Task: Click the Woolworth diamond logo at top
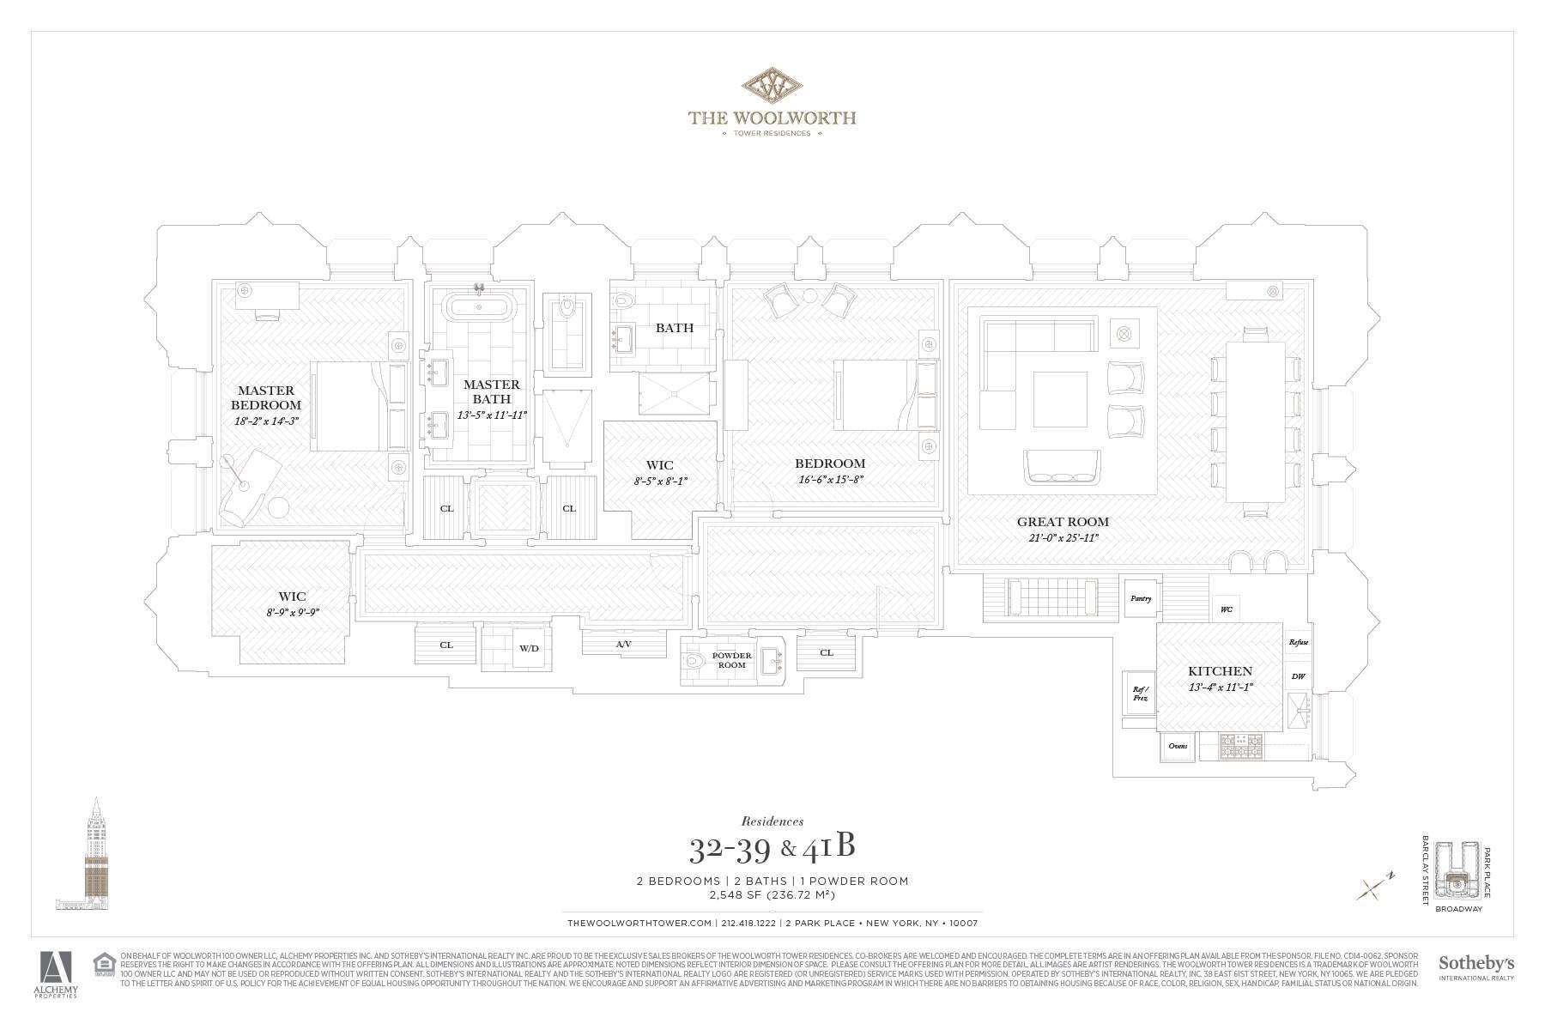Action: [772, 87]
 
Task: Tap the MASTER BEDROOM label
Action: [266, 397]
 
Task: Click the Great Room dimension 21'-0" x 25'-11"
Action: [1063, 537]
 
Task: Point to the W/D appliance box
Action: [529, 648]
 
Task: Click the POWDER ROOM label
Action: [731, 660]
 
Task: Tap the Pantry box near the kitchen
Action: [1140, 598]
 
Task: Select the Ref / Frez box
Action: [1139, 693]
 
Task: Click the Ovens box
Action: [1178, 746]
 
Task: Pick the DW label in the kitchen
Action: [1298, 676]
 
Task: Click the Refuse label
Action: [1298, 642]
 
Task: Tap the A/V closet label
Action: [624, 644]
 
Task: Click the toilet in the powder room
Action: [697, 662]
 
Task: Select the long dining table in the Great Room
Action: [1255, 421]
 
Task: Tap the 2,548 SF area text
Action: [772, 895]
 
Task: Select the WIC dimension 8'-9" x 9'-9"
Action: [292, 611]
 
